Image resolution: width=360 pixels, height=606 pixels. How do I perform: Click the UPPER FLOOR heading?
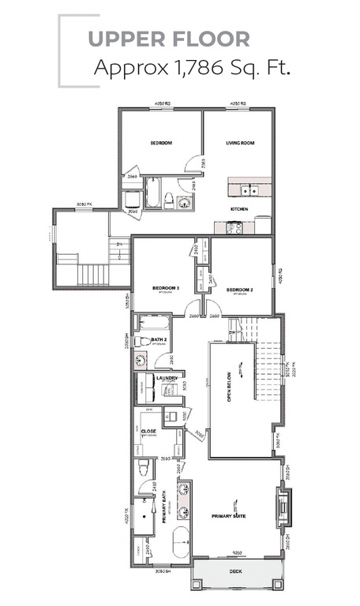point(168,39)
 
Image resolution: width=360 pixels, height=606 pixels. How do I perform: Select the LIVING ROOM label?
point(239,143)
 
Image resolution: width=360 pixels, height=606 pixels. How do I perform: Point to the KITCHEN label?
point(239,209)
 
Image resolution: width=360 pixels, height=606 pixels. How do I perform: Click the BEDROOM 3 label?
point(166,289)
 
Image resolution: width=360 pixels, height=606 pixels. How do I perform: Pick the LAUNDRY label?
point(167,379)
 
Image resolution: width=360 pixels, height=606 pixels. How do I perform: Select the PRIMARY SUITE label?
point(229,516)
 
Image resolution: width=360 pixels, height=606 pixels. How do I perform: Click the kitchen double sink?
point(249,189)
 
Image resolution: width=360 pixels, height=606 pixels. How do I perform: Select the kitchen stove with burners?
point(234,227)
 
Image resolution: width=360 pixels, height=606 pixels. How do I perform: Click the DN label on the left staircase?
point(119,245)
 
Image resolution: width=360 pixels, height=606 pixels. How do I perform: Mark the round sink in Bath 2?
point(141,361)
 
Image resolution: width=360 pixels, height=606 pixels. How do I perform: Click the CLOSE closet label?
point(148,432)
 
